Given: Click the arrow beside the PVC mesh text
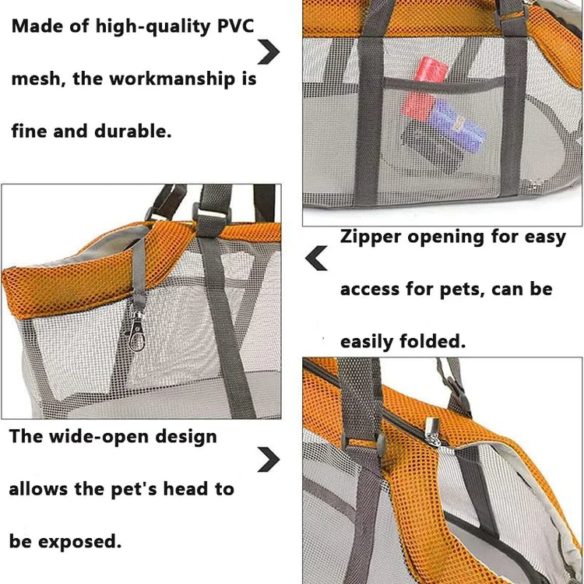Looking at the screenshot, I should click(269, 51).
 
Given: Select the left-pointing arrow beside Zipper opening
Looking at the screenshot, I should click(316, 258).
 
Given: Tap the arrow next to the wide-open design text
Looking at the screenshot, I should click(269, 459).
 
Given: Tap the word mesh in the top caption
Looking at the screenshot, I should click(34, 79).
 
